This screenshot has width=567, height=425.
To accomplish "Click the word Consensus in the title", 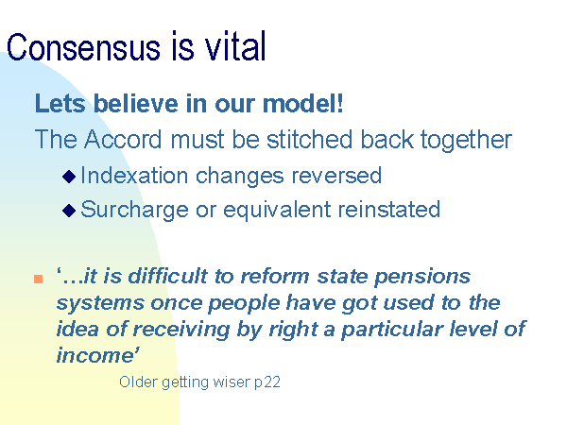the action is (x=83, y=47).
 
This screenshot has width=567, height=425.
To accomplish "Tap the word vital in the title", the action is (x=235, y=46).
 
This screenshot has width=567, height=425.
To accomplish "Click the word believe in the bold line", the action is (x=136, y=103).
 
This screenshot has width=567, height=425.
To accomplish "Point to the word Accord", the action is (x=123, y=139).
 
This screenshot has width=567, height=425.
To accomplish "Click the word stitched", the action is (x=310, y=139).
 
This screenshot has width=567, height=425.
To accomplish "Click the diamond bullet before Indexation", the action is (x=69, y=177).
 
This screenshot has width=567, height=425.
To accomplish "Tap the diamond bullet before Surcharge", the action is (x=69, y=211).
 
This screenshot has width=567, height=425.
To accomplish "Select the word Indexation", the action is (x=134, y=176).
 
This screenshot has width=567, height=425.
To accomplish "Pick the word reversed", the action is (x=336, y=176).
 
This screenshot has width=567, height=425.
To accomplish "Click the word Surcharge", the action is (x=134, y=211).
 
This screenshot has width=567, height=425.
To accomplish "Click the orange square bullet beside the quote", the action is (x=39, y=279).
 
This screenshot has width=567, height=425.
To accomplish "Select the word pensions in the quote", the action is (x=422, y=278).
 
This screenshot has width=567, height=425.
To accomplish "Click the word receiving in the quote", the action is (x=181, y=331).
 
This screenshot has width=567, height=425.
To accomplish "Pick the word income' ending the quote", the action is (x=97, y=355).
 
